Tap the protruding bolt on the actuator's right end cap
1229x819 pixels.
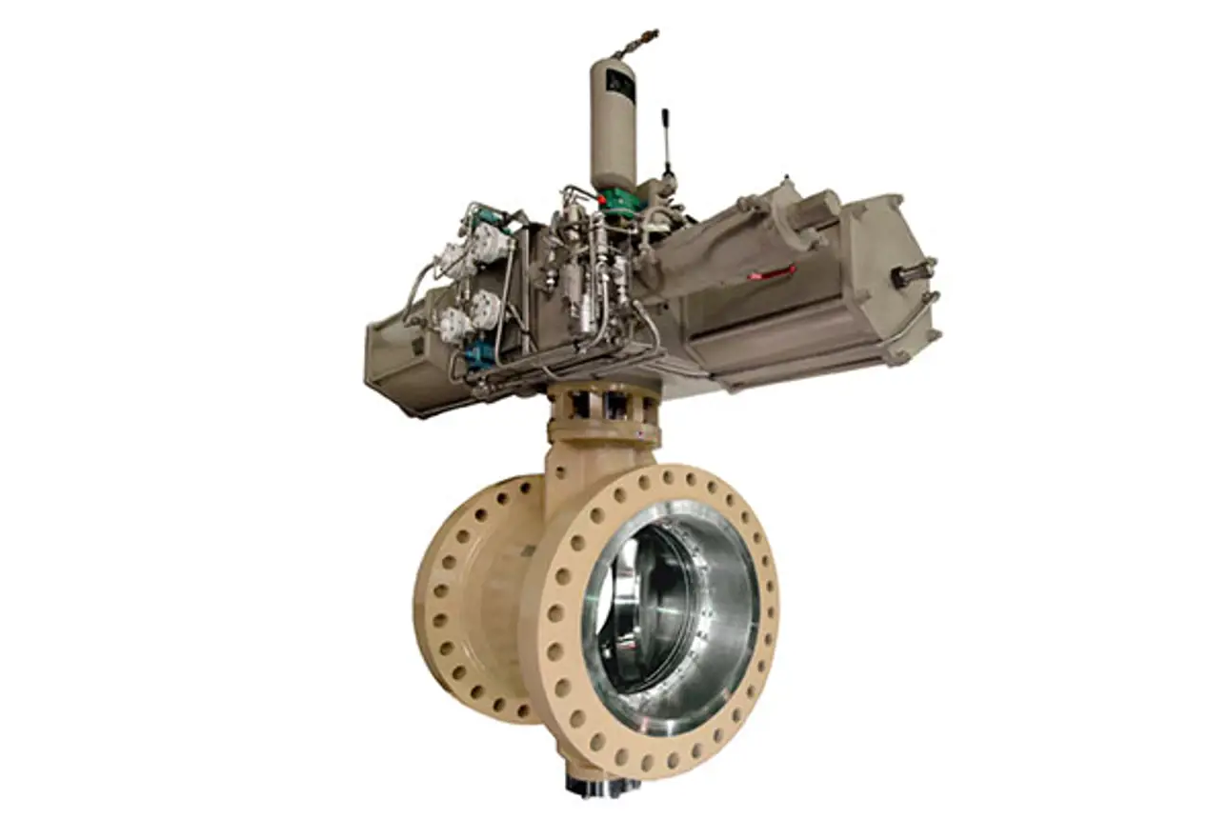[x=913, y=275]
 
